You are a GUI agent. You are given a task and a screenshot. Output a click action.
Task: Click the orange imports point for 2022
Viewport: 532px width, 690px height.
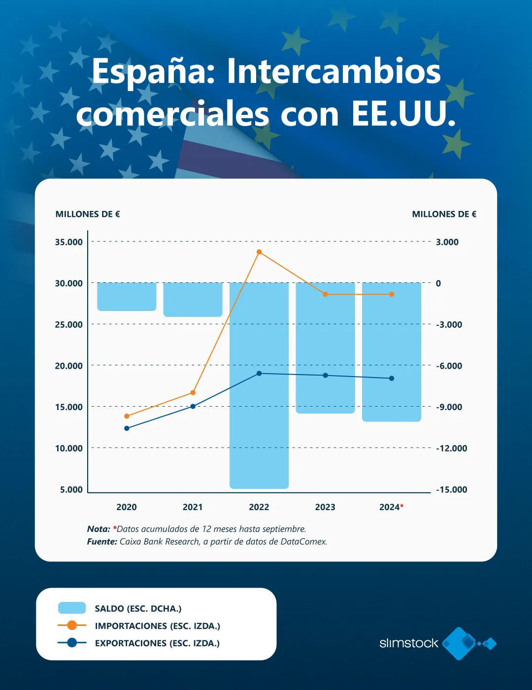(x=259, y=252)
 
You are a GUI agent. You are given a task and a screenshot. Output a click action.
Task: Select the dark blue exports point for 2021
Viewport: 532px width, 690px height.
(x=193, y=406)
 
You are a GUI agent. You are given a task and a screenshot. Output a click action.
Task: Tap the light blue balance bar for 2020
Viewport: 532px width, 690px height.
(x=127, y=297)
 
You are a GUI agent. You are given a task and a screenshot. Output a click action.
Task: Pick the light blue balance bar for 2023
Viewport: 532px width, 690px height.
(x=325, y=347)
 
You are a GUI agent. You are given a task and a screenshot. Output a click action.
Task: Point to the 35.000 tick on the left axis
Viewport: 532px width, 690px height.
(x=69, y=242)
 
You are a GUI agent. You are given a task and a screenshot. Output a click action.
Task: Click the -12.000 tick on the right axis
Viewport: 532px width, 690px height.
(x=452, y=448)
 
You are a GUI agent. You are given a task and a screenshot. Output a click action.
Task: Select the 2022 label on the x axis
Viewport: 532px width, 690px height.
(x=259, y=507)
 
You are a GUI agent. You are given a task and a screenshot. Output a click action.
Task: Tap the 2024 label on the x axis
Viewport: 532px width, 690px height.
(x=389, y=507)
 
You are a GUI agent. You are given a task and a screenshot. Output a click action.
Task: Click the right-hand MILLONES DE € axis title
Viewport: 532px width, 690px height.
(x=444, y=214)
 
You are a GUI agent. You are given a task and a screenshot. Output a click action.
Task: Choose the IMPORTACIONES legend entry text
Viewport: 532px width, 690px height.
(x=157, y=626)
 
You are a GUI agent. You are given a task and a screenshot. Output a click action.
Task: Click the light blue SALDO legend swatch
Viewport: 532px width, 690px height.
(x=72, y=608)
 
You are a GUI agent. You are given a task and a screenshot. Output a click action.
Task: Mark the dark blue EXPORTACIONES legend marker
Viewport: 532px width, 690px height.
(x=72, y=643)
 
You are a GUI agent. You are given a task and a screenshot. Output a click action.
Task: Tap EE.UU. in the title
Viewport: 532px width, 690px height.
(x=403, y=114)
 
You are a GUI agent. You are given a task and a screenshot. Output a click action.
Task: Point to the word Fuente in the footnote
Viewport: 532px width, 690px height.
(x=102, y=542)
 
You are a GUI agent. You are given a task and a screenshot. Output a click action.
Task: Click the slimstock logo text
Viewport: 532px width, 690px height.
(x=408, y=643)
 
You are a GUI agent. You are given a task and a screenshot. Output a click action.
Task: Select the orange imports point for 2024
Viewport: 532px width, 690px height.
(x=392, y=294)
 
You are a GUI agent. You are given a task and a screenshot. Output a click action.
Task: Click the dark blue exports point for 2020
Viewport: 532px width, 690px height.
(x=127, y=428)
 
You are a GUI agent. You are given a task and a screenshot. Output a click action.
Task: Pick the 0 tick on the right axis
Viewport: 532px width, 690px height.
(x=438, y=283)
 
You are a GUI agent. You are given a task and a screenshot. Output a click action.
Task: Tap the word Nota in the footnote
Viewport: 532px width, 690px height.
(x=99, y=529)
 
